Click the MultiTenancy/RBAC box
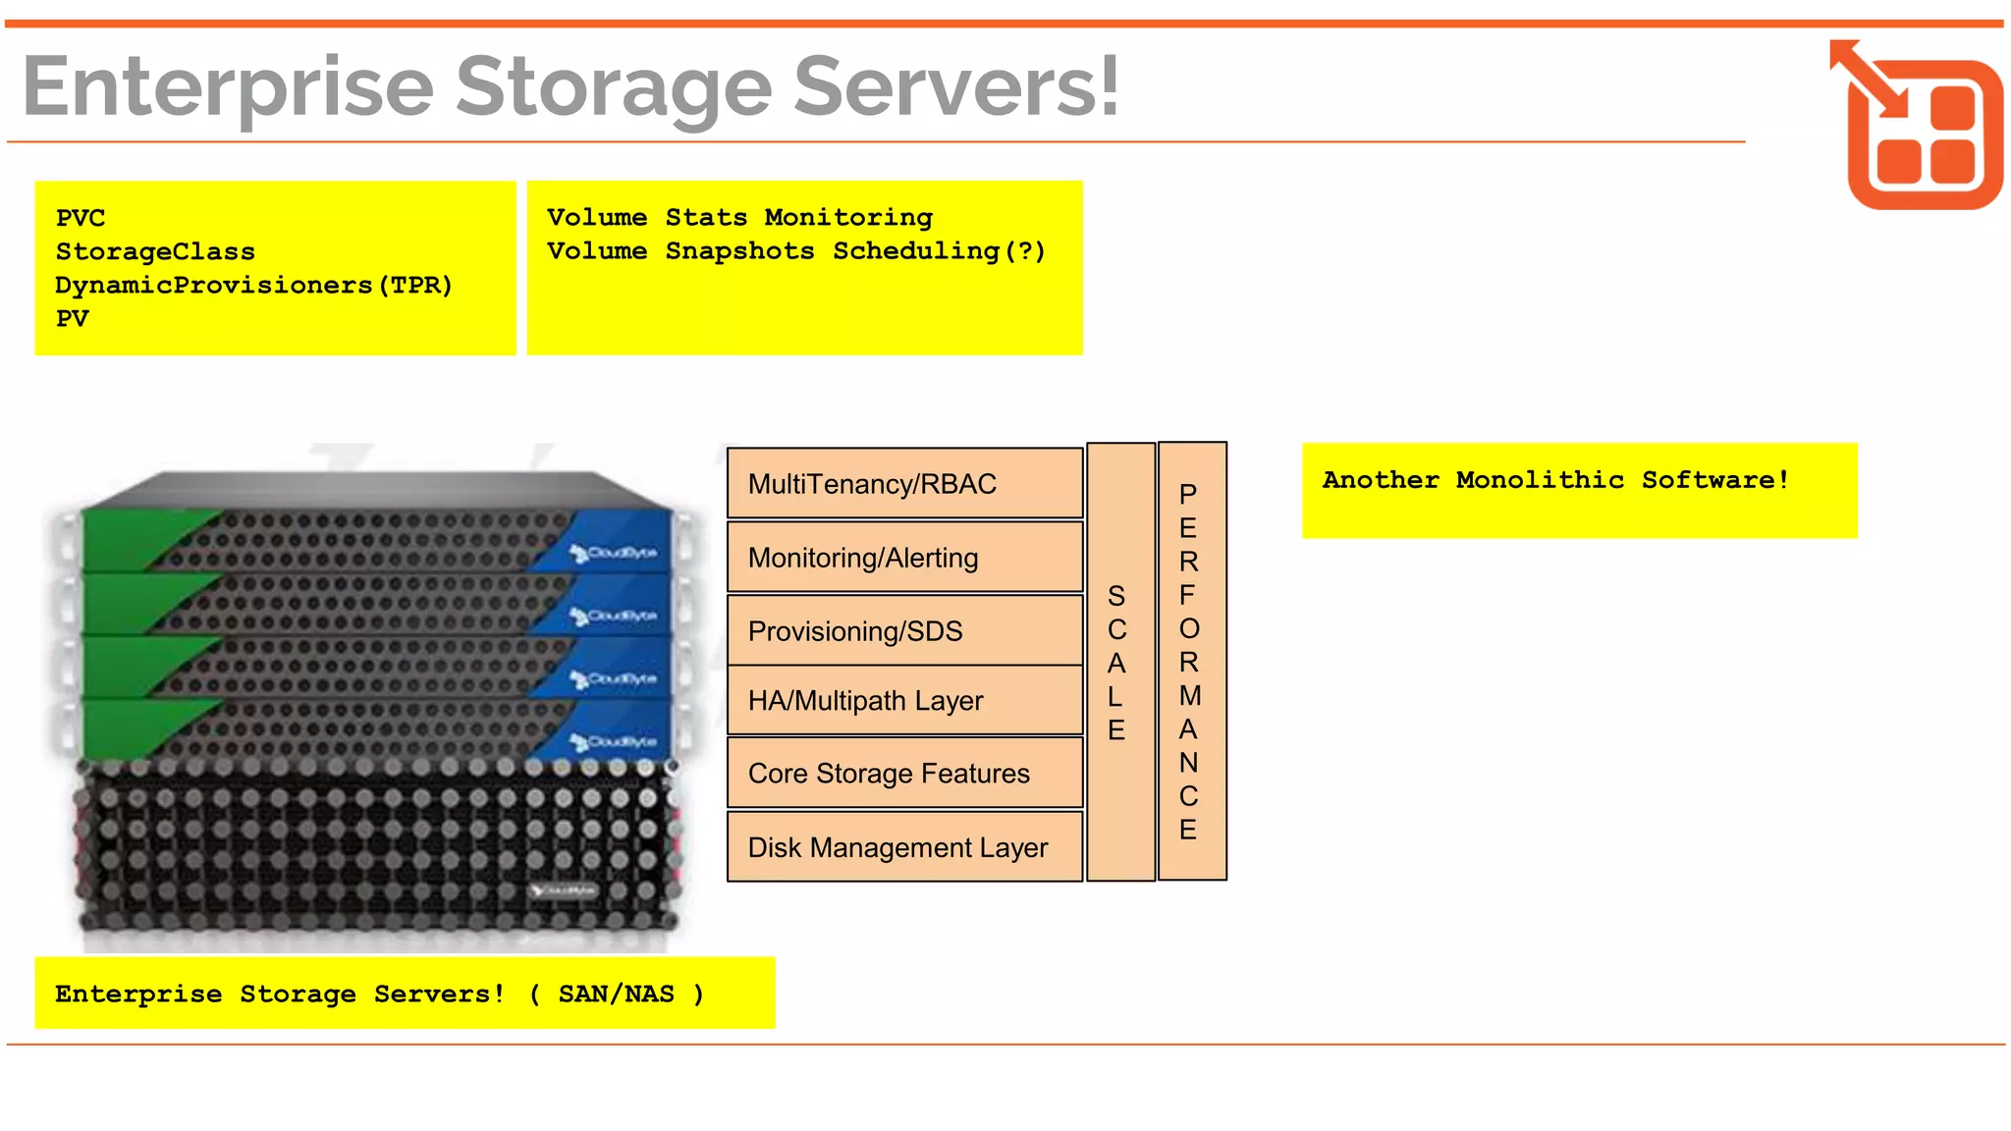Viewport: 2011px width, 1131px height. (903, 483)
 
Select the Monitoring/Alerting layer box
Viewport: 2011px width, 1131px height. (903, 557)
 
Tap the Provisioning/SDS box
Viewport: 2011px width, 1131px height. (903, 630)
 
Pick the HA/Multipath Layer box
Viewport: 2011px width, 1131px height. (903, 700)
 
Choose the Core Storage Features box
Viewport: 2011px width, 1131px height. (903, 773)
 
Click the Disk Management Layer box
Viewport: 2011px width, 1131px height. (903, 846)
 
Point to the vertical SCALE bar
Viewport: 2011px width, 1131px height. (1119, 663)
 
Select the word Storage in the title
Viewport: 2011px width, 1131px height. (614, 88)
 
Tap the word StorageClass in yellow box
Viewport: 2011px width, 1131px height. (155, 251)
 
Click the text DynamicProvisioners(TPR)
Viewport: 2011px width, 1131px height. (253, 285)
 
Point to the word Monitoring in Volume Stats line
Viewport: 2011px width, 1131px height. (848, 217)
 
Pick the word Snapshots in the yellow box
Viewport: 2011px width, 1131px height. (739, 250)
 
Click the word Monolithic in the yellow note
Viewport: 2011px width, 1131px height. (1539, 479)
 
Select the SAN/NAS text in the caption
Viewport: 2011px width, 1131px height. (616, 994)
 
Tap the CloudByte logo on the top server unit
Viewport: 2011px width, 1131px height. (615, 554)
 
